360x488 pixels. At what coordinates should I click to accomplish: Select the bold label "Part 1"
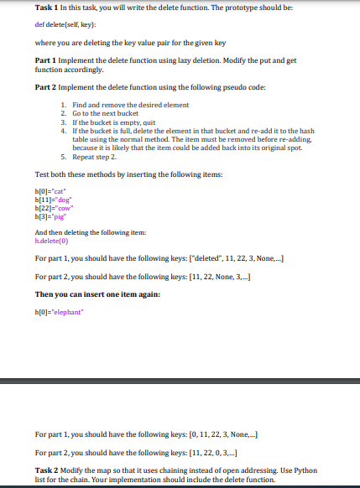46,61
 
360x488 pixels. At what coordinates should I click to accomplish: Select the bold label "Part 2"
46,88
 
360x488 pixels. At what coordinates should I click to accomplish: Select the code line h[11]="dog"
52,200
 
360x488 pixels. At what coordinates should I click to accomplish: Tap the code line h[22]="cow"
52,209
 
